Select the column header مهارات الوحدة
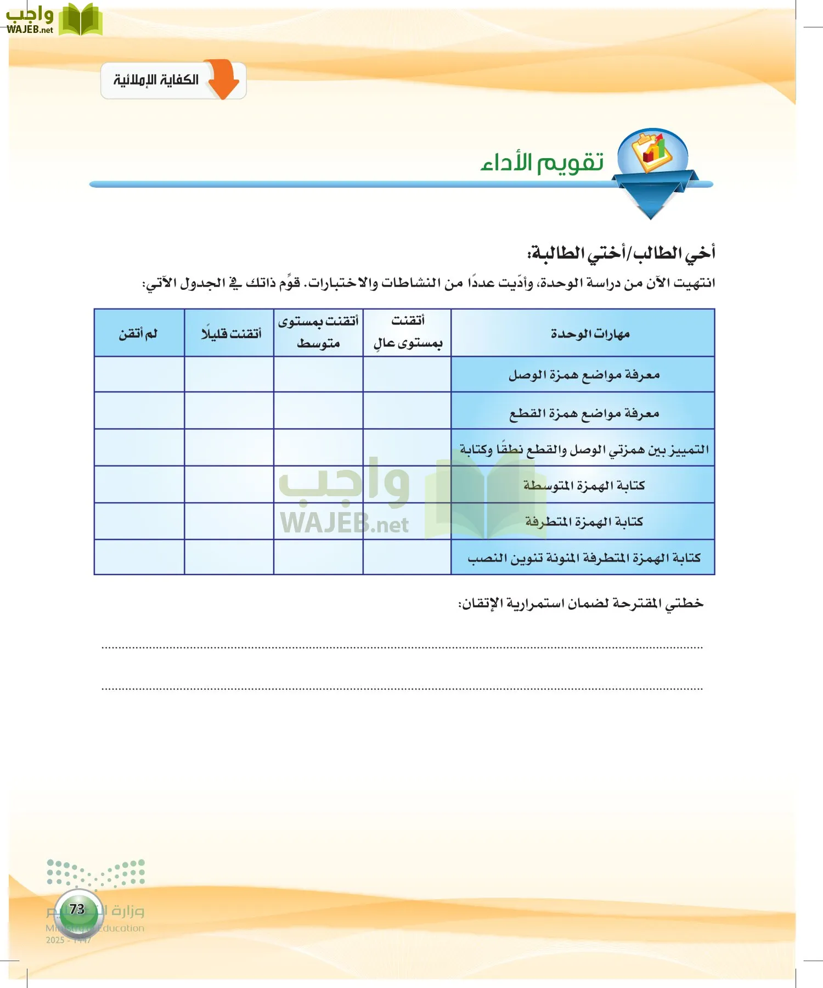coord(590,334)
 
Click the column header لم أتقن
coord(138,334)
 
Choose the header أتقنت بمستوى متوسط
coord(318,333)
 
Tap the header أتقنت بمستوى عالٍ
coord(408,333)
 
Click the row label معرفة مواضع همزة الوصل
coord(584,375)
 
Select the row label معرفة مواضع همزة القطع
coord(584,413)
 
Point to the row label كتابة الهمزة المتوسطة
coord(584,485)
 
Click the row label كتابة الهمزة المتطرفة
coord(584,521)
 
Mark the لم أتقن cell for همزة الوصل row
coord(139,374)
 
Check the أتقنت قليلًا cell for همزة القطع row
coord(229,411)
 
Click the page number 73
coord(77,909)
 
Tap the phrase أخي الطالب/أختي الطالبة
coord(621,253)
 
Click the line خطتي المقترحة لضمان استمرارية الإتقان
coord(580,604)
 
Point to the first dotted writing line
coord(402,648)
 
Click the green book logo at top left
coord(80,20)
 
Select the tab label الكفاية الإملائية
coord(156,80)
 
